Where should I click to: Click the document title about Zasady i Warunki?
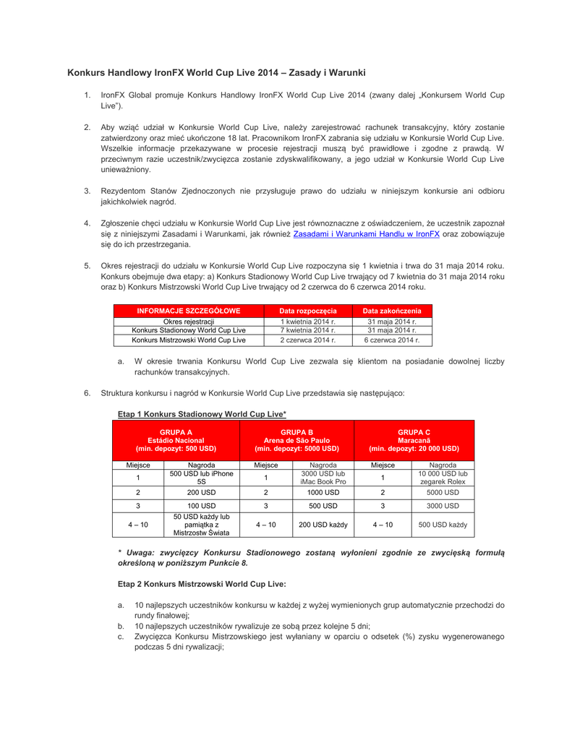[216, 73]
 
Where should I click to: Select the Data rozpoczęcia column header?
[308, 310]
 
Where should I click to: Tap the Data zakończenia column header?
[391, 310]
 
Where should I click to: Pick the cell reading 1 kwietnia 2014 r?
[308, 321]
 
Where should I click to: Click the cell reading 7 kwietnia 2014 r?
[308, 330]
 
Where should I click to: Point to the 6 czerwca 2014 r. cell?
[391, 340]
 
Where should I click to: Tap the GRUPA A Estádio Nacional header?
[176, 439]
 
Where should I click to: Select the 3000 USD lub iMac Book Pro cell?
[323, 478]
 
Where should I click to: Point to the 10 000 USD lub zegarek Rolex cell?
[442, 478]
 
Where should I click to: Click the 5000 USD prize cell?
[442, 492]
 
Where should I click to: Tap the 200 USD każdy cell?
[323, 525]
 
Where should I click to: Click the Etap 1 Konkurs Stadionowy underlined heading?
[202, 413]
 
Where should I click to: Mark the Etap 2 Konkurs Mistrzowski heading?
[202, 582]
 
